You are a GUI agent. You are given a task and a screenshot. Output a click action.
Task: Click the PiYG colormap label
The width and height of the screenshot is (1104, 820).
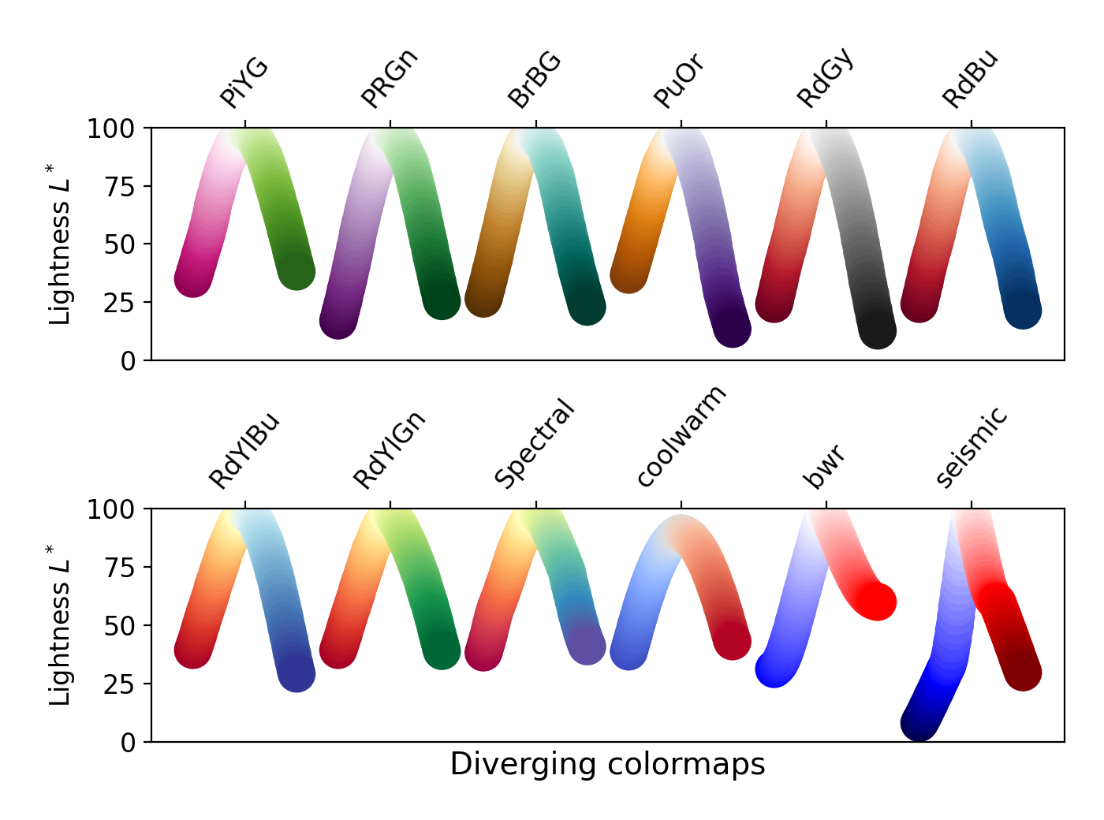click(x=244, y=83)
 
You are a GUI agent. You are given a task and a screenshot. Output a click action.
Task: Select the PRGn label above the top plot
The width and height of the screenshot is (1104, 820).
click(x=389, y=78)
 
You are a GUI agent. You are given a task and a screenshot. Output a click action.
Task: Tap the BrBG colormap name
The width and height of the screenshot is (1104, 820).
click(x=535, y=80)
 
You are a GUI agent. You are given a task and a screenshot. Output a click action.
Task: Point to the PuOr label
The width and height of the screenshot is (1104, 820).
click(x=679, y=81)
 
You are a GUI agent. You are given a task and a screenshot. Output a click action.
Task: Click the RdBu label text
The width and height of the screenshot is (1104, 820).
click(x=971, y=79)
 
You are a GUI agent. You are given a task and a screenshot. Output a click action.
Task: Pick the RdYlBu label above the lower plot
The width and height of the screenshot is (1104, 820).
click(x=244, y=450)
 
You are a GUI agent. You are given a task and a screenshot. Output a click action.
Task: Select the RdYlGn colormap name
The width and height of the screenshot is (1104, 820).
click(x=390, y=450)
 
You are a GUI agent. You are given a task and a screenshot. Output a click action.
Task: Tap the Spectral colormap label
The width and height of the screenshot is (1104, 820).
click(x=535, y=443)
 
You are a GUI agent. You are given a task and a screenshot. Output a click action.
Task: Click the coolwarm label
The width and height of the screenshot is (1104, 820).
click(x=681, y=437)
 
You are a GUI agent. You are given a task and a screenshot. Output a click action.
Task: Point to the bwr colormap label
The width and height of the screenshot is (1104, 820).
click(x=824, y=466)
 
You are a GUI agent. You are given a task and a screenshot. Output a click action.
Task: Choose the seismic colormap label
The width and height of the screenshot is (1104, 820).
click(x=972, y=447)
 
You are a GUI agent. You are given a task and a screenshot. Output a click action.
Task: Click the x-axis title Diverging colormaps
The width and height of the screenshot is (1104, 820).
click(x=607, y=764)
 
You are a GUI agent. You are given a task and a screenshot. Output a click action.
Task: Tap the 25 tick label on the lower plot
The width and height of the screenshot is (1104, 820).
click(x=119, y=684)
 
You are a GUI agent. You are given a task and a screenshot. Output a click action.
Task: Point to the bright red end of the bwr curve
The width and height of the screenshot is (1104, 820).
click(x=877, y=602)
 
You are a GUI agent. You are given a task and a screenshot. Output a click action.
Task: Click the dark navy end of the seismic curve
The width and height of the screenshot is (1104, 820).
click(x=919, y=723)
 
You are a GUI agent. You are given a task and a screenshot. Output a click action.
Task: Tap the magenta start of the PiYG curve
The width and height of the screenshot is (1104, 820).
click(x=192, y=279)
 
